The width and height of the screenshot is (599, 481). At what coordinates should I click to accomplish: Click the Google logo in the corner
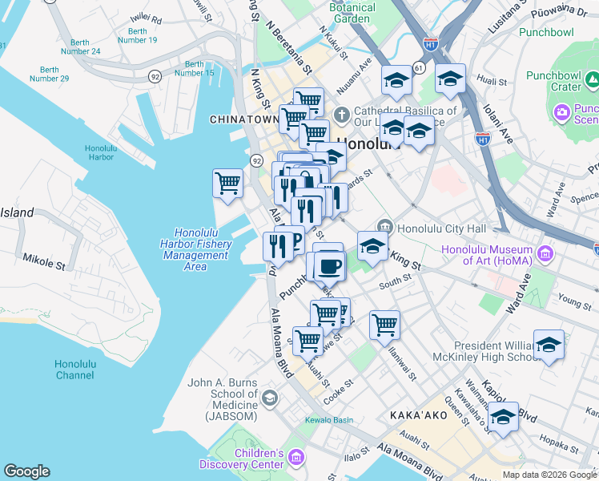click(26, 471)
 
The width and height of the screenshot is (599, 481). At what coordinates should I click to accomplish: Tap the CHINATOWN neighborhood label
click(243, 119)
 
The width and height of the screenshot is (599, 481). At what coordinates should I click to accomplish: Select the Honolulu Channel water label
click(75, 370)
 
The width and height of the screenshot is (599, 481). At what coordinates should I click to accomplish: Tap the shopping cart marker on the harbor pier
click(228, 183)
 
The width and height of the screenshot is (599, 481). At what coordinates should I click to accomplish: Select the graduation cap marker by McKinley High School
click(549, 345)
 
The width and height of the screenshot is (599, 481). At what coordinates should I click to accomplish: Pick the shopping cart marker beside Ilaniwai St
click(385, 325)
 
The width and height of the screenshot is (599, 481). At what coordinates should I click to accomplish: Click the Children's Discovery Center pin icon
click(296, 458)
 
